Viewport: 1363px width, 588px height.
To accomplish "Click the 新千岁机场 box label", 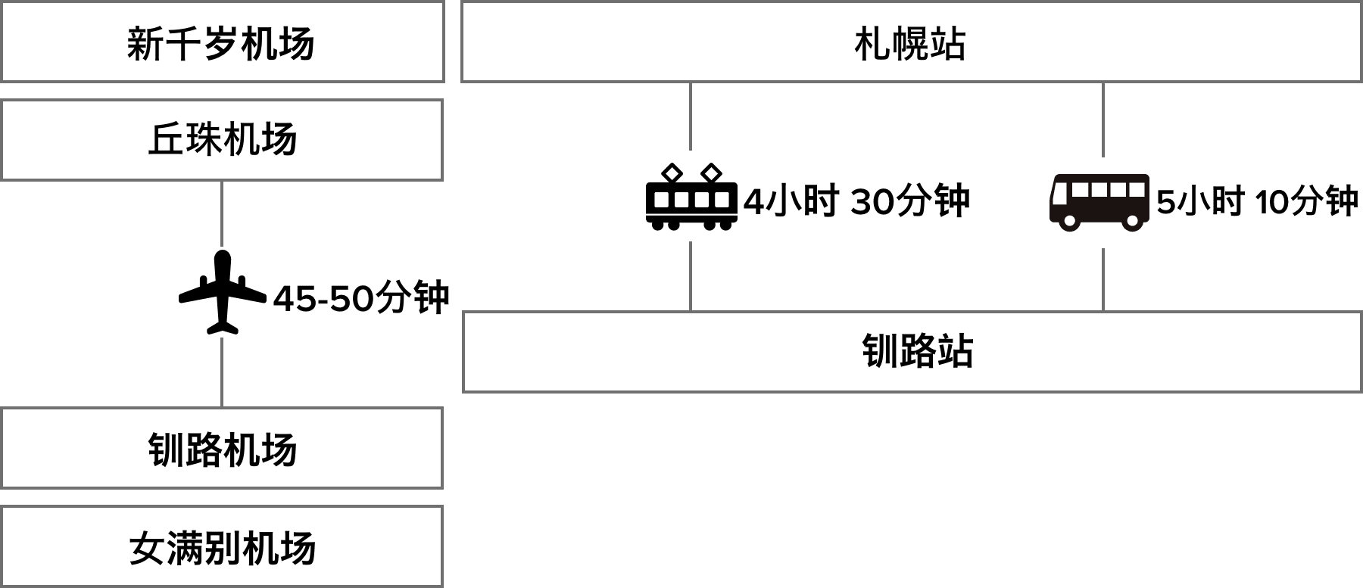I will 220,43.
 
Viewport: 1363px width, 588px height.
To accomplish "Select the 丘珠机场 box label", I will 222,140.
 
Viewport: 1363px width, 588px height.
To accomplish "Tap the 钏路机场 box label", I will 222,450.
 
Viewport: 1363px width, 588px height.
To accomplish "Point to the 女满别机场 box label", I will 222,548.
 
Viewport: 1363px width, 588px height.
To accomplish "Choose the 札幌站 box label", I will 910,43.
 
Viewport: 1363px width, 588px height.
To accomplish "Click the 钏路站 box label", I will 917,352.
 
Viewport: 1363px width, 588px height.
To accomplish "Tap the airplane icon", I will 223,292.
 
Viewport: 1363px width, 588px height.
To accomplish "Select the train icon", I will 691,196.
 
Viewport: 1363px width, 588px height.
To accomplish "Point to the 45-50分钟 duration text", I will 362,297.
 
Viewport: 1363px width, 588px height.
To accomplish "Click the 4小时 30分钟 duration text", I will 857,201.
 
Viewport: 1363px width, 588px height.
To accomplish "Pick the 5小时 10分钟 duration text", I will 1258,201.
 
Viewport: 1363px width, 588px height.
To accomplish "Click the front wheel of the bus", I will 1068,221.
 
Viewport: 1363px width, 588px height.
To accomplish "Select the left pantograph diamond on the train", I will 672,173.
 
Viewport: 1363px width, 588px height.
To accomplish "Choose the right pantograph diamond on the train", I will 711,173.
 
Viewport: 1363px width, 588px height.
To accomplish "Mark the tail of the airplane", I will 223,328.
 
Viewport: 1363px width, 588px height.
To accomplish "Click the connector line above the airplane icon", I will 222,213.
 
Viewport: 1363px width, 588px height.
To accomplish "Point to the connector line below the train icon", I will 691,275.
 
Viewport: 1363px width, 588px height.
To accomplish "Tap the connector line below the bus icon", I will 1103,278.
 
